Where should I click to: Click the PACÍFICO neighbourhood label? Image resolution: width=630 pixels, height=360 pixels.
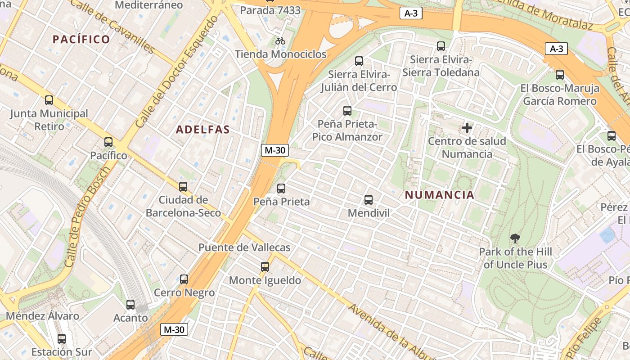tap(81, 39)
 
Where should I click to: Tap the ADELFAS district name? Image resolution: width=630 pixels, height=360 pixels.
tap(203, 130)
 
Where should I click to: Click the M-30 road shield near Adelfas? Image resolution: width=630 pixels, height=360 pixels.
tap(274, 150)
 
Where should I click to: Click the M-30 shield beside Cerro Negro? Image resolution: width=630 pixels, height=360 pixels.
tap(174, 329)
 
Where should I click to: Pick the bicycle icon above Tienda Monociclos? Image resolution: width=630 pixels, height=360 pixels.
tap(280, 41)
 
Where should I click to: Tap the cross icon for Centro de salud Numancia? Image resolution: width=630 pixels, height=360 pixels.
tap(467, 128)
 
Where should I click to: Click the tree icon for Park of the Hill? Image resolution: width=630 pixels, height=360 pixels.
tap(515, 238)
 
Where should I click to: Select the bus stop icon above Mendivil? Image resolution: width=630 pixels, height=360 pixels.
tap(369, 199)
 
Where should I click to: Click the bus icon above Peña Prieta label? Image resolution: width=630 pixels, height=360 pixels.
tap(281, 189)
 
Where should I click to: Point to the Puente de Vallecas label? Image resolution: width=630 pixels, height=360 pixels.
tap(244, 247)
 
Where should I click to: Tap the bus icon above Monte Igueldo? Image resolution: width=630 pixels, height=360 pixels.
tap(265, 267)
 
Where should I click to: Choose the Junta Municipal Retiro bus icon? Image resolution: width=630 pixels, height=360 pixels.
tap(49, 100)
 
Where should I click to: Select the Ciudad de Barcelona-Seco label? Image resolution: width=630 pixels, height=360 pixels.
tap(183, 206)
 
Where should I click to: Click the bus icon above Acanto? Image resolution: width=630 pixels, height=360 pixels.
tap(130, 305)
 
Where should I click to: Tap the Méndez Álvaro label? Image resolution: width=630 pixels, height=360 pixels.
tap(42, 316)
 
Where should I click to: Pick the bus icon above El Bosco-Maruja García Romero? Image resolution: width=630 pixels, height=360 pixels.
tap(560, 75)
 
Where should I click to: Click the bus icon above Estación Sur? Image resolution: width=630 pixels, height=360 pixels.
tap(62, 339)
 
